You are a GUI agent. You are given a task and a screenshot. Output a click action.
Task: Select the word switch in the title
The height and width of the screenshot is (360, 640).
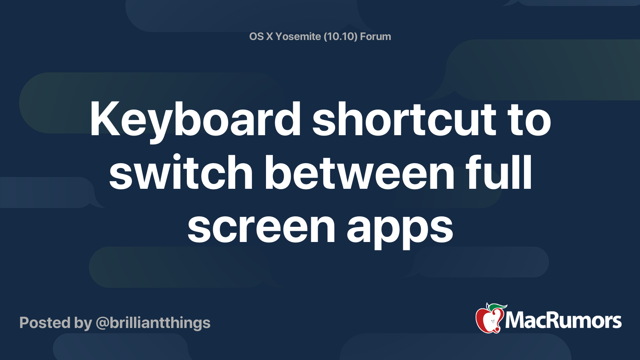[x=181, y=173]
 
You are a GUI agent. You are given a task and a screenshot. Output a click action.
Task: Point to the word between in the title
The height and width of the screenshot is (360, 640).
[x=360, y=173]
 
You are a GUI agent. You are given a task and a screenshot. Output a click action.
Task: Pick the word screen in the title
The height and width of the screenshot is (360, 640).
[x=261, y=227]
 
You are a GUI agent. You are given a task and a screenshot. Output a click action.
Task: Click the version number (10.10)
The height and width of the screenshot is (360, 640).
[x=340, y=36]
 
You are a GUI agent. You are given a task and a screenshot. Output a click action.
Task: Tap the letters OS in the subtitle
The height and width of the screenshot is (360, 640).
[x=256, y=36]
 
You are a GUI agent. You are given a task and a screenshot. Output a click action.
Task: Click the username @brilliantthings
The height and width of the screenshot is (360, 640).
[x=153, y=323]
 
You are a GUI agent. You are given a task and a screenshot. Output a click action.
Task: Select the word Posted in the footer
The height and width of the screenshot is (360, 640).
[x=45, y=323]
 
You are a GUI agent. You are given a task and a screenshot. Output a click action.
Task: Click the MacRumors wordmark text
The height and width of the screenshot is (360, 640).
[x=563, y=321]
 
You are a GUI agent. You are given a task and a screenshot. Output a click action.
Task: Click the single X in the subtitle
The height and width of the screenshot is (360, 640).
[x=270, y=36]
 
